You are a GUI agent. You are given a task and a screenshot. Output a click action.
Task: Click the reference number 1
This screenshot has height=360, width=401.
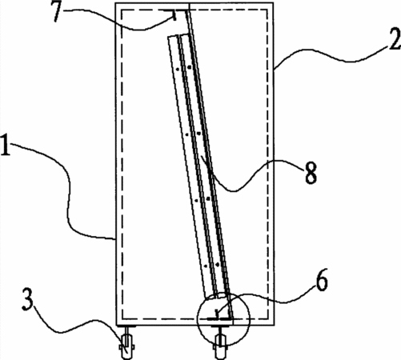point(6,146)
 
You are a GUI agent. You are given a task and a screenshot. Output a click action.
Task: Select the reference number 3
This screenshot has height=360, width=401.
point(28,299)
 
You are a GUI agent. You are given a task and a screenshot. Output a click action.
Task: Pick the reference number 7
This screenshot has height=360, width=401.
point(60,12)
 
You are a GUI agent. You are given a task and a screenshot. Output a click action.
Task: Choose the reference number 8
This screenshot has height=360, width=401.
point(311,173)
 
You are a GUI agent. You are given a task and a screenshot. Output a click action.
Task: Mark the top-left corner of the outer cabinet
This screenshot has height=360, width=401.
point(115,3)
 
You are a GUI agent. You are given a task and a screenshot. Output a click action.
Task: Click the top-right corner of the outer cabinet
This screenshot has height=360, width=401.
point(273,3)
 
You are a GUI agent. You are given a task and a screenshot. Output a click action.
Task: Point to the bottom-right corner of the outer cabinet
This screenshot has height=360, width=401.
point(275,325)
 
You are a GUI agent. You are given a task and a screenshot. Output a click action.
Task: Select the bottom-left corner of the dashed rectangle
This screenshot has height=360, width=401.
point(122,318)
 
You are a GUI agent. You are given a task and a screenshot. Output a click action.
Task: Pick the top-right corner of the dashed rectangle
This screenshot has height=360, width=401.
point(267,10)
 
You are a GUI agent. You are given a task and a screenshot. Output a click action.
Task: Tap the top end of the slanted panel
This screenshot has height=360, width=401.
point(178,35)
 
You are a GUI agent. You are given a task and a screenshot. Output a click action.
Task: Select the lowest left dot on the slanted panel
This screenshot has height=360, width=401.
point(206,266)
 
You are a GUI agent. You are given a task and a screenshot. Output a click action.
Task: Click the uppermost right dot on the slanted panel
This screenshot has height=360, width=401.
point(189,67)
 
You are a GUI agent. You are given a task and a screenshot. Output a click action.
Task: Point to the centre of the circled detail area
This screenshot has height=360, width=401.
point(223,318)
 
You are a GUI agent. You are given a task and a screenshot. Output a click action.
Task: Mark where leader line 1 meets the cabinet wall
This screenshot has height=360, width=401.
point(115,239)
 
